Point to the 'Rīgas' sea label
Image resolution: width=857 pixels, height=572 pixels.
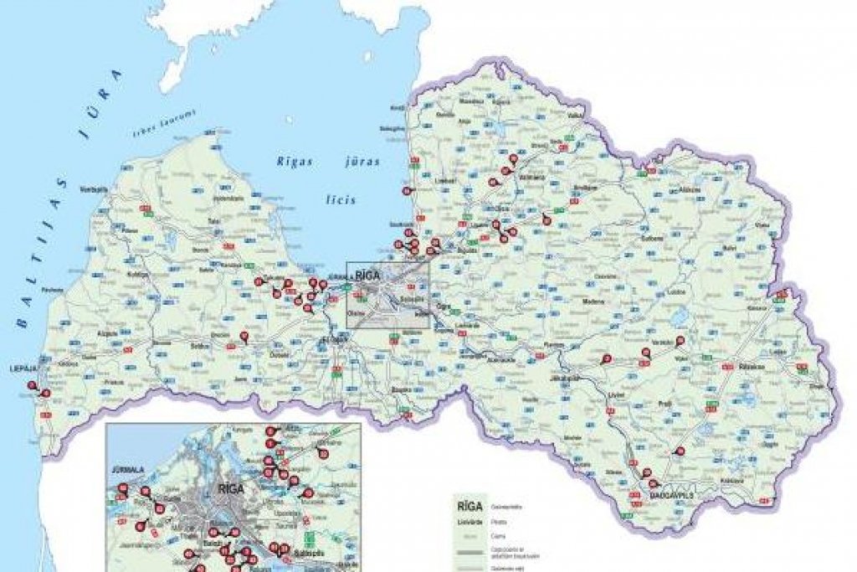pos(296,162)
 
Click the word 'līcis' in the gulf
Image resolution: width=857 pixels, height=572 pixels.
pos(341,200)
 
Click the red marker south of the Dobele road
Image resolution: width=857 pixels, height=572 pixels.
pos(244,337)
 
